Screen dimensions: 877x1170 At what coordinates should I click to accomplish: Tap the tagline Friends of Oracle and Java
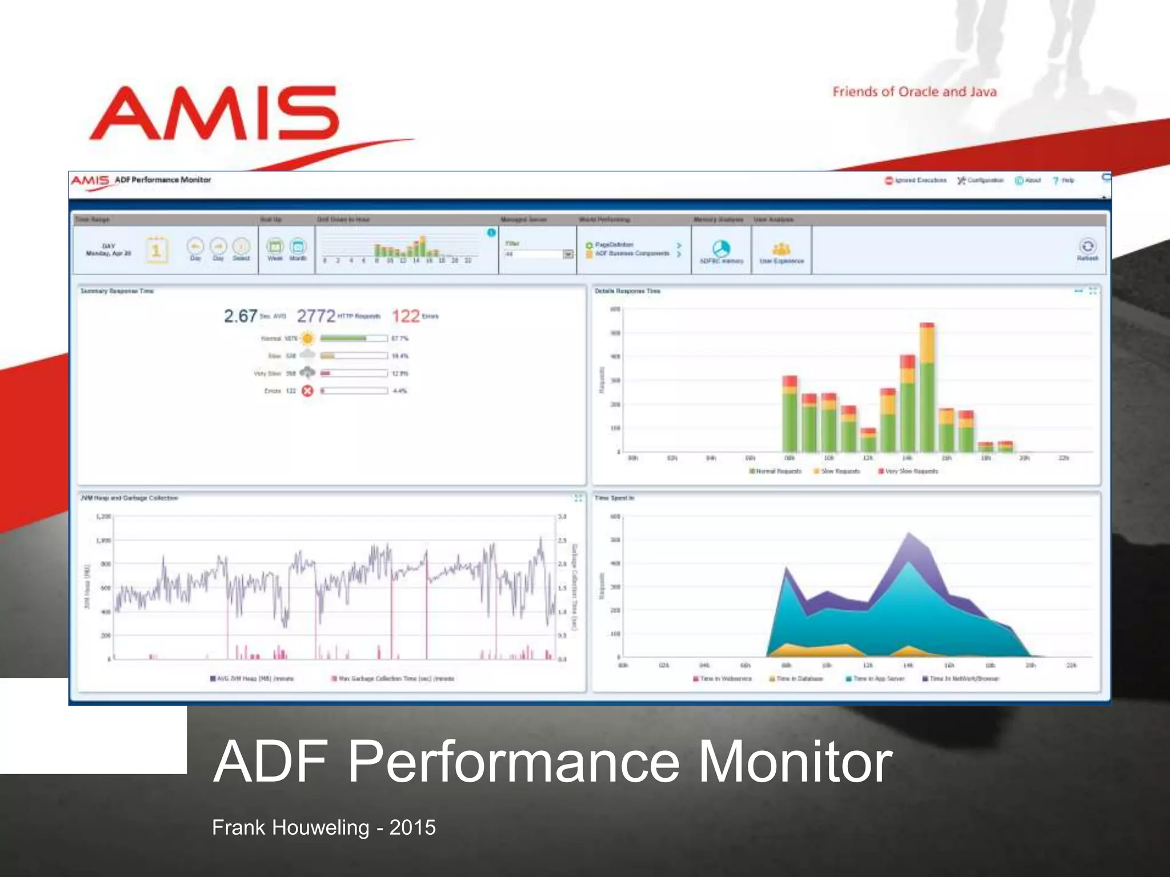pyautogui.click(x=914, y=92)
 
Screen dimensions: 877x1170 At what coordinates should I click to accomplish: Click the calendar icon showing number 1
pyautogui.click(x=156, y=250)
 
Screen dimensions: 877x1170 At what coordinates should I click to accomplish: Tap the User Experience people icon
pyautogui.click(x=781, y=249)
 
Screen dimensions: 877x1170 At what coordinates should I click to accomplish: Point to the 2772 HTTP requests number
pyautogui.click(x=316, y=316)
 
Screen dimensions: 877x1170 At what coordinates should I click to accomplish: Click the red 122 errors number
pyautogui.click(x=406, y=316)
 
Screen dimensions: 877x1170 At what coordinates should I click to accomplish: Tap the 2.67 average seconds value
pyautogui.click(x=241, y=316)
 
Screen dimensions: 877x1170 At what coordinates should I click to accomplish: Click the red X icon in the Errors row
pyautogui.click(x=307, y=391)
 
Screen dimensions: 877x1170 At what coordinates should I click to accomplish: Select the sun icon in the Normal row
pyautogui.click(x=307, y=339)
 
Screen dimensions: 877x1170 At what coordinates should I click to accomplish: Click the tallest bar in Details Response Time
pyautogui.click(x=927, y=388)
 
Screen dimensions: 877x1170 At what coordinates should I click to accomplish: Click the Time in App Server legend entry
pyautogui.click(x=875, y=679)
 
